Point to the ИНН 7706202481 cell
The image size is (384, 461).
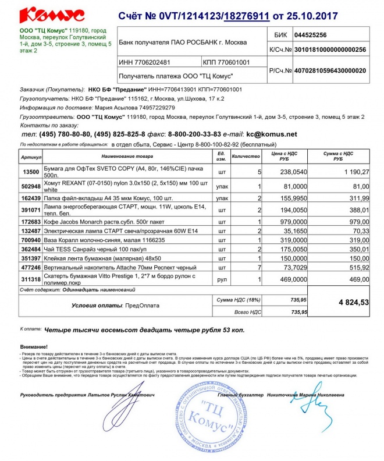144,62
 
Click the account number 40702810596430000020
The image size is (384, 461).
330,70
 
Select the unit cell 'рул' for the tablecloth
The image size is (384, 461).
221,280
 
